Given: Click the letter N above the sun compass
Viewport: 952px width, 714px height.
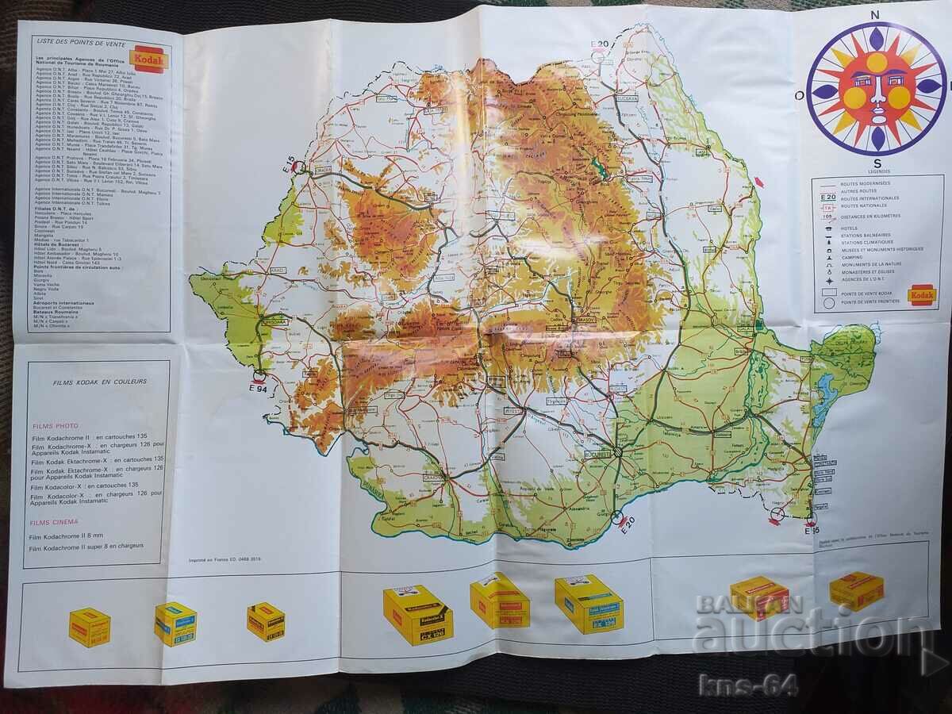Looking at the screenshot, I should pos(876,15).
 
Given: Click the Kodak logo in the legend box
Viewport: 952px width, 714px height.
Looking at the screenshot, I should pos(922,294).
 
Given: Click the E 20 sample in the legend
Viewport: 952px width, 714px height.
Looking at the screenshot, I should pos(827,197).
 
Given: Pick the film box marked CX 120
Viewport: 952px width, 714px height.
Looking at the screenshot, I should pos(418,614).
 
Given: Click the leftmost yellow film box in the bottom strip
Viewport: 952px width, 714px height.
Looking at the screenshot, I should pos(89,627).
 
